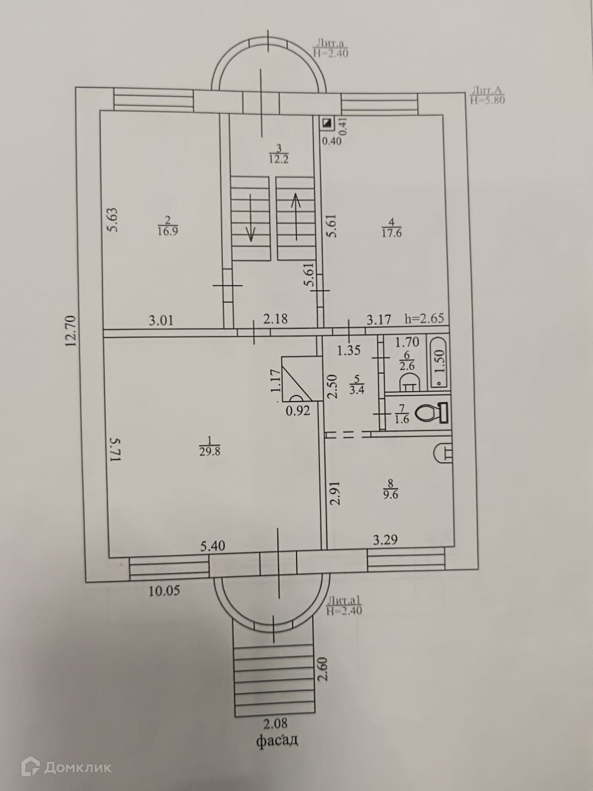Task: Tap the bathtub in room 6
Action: click(x=438, y=363)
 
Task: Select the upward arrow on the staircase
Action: click(x=296, y=217)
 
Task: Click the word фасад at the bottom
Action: click(x=278, y=741)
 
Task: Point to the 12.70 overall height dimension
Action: click(x=69, y=330)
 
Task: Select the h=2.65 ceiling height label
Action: click(x=424, y=319)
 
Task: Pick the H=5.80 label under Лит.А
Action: click(x=487, y=101)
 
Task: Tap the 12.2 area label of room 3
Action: click(x=278, y=160)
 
